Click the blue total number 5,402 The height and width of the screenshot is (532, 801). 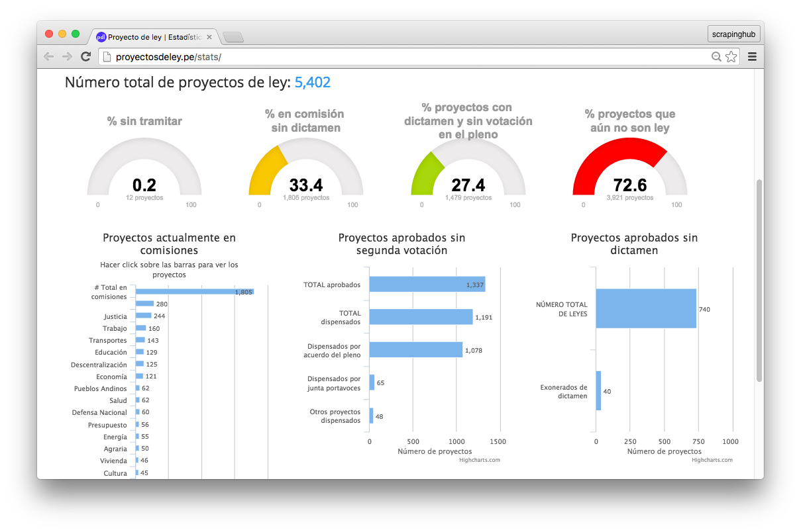[x=312, y=83]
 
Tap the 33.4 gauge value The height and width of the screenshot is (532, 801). [x=305, y=185]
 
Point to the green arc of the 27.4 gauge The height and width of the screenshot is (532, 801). [x=425, y=173]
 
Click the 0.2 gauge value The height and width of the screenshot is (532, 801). [x=144, y=185]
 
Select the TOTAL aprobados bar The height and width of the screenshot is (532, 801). [x=427, y=285]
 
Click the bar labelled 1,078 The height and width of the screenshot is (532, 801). [x=415, y=349]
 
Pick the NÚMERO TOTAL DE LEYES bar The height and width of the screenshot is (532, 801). [x=645, y=308]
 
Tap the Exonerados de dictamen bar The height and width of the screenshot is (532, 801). [x=598, y=390]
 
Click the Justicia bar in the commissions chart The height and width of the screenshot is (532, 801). [x=143, y=316]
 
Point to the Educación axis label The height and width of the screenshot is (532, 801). [x=111, y=353]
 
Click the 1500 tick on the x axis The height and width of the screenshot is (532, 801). [x=500, y=441]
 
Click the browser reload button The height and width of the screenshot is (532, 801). [x=85, y=57]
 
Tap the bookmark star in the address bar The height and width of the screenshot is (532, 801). [x=731, y=57]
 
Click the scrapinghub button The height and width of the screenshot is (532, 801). [x=733, y=34]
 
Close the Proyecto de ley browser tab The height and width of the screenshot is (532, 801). [x=209, y=37]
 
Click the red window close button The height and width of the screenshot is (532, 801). [x=49, y=34]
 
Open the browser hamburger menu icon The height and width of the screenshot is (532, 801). [x=752, y=57]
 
